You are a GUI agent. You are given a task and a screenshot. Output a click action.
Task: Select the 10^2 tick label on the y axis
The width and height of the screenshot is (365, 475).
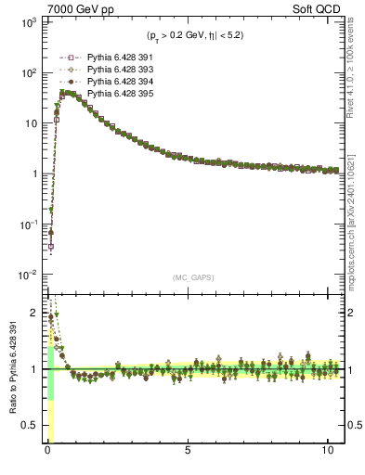click(x=28, y=72)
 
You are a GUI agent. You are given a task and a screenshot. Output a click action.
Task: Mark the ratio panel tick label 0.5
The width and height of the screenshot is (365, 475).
click(x=30, y=425)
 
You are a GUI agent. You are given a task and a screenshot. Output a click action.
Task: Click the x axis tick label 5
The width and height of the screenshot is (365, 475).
click(x=189, y=452)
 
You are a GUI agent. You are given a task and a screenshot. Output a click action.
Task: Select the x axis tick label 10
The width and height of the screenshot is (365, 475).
click(x=327, y=452)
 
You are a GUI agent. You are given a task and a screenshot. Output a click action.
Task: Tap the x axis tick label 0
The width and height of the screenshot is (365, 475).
click(x=48, y=452)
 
